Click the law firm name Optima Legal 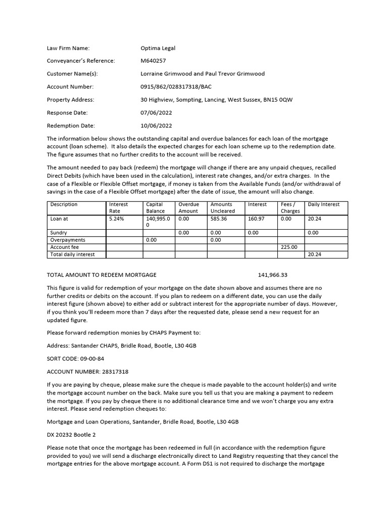click(158, 48)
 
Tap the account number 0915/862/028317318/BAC click(176, 87)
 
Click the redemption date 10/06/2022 click(156, 125)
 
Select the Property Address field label click(70, 100)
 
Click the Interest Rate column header click(119, 207)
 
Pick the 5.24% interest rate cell click(116, 219)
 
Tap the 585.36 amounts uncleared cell click(219, 219)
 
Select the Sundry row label click(59, 233)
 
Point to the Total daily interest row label click(72, 254)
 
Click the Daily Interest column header click(323, 204)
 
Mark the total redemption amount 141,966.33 click(272, 275)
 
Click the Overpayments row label click(68, 240)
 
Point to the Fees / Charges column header click(290, 207)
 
